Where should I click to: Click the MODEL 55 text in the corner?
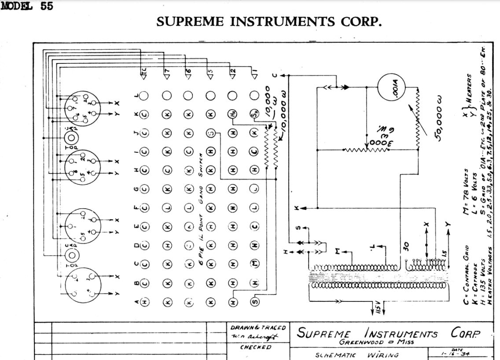(x=27, y=7)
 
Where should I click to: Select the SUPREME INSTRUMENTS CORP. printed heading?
(x=269, y=22)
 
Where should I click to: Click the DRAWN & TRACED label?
(x=258, y=328)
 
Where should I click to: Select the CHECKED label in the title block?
(x=256, y=347)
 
